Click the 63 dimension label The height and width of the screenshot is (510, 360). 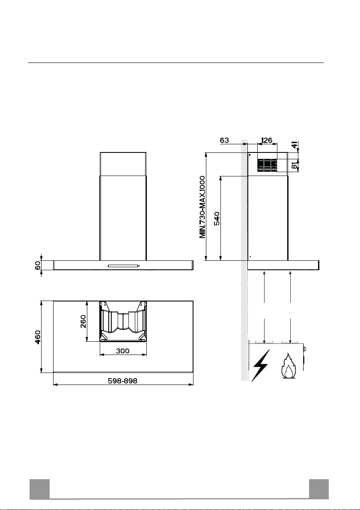[224, 140]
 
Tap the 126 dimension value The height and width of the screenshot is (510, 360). [266, 140]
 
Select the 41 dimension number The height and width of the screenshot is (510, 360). [295, 145]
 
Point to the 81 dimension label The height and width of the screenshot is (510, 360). [295, 164]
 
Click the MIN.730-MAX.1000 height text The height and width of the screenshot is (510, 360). [202, 207]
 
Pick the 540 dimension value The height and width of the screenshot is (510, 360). [217, 218]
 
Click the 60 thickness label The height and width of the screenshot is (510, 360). [38, 265]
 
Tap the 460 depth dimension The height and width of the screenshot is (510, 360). [38, 337]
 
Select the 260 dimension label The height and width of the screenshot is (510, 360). [83, 321]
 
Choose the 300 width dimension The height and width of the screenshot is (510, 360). [122, 351]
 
